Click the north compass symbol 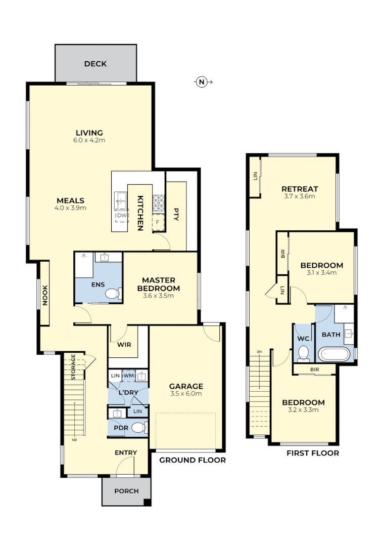pyautogui.click(x=202, y=81)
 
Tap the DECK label pyautogui.click(x=95, y=64)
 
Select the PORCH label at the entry pyautogui.click(x=126, y=491)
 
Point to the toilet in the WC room pyautogui.click(x=303, y=353)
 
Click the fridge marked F pyautogui.click(x=158, y=222)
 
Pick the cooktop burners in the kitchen pyautogui.click(x=159, y=202)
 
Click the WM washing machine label pyautogui.click(x=128, y=376)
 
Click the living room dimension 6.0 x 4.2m pyautogui.click(x=89, y=140)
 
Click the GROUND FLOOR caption pyautogui.click(x=192, y=460)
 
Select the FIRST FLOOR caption pyautogui.click(x=312, y=453)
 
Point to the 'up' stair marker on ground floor pyautogui.click(x=74, y=439)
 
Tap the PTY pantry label pyautogui.click(x=176, y=213)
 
